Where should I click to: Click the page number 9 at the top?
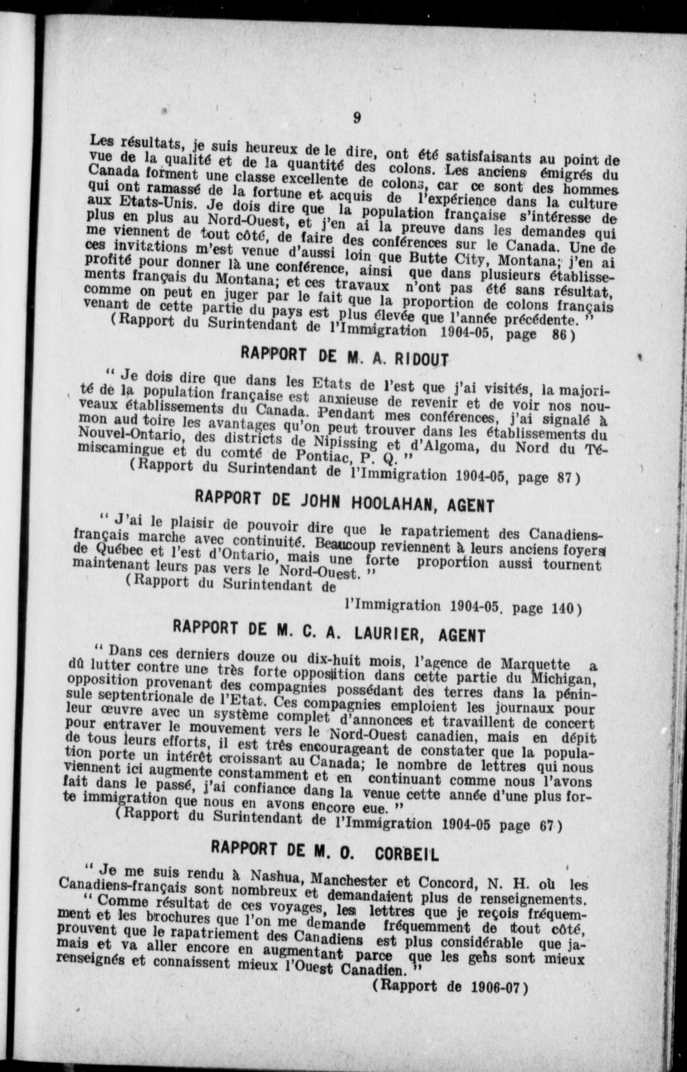tap(357, 118)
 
